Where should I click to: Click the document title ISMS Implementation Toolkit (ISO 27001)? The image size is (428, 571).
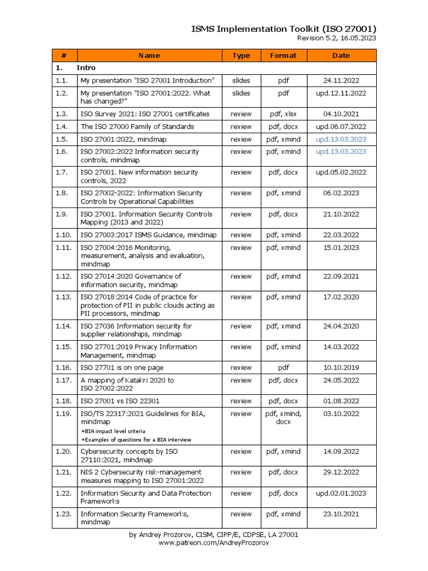coord(284,28)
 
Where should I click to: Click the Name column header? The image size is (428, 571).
coord(149,56)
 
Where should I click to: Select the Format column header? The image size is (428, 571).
coord(283,56)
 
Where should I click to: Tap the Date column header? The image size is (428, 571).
coord(341,56)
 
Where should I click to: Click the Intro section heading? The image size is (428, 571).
coord(86,68)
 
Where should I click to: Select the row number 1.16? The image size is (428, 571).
coord(64,367)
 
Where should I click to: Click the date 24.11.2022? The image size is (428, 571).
coord(341,81)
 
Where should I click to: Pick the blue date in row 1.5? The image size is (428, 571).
coord(341,139)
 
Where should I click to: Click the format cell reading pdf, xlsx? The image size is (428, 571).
coord(283,114)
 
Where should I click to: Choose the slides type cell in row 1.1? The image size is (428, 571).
coord(241,81)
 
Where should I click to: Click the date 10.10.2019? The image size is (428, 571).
coord(341,367)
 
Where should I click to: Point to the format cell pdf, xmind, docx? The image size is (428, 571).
coord(283,418)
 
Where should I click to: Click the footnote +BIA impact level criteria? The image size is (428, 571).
coord(113,431)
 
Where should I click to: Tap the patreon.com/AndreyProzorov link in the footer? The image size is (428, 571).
coord(213,543)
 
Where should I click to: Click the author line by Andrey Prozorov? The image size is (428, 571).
coord(213,535)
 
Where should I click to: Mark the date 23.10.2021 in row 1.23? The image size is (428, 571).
coord(341,514)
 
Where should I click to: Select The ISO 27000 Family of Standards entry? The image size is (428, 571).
coord(137,127)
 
